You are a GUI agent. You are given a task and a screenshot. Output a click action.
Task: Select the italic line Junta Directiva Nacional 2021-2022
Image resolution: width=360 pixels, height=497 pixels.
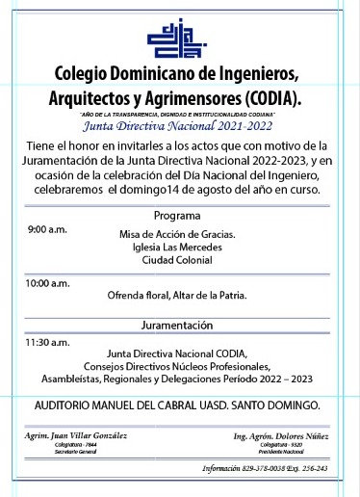(x=178, y=125)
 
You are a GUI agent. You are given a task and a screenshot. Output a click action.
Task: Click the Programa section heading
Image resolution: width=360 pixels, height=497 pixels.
(x=177, y=215)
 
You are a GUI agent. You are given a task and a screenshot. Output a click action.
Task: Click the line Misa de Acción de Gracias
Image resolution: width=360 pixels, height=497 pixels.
(x=176, y=235)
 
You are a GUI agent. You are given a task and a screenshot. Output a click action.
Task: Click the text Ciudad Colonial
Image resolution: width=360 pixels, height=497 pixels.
(x=176, y=261)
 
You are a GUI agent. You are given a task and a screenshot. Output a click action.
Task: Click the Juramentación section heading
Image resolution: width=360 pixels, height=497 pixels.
(x=177, y=325)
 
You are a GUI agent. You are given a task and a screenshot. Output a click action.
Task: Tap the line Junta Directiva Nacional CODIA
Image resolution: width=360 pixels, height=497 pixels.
(x=177, y=353)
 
